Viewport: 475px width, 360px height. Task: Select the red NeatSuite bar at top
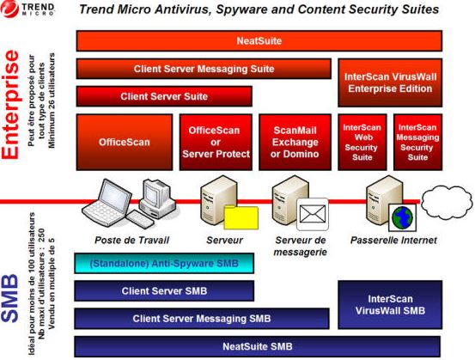click(259, 41)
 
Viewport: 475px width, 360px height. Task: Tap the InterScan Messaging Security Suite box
click(417, 142)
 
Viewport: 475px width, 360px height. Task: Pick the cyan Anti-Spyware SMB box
click(164, 264)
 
